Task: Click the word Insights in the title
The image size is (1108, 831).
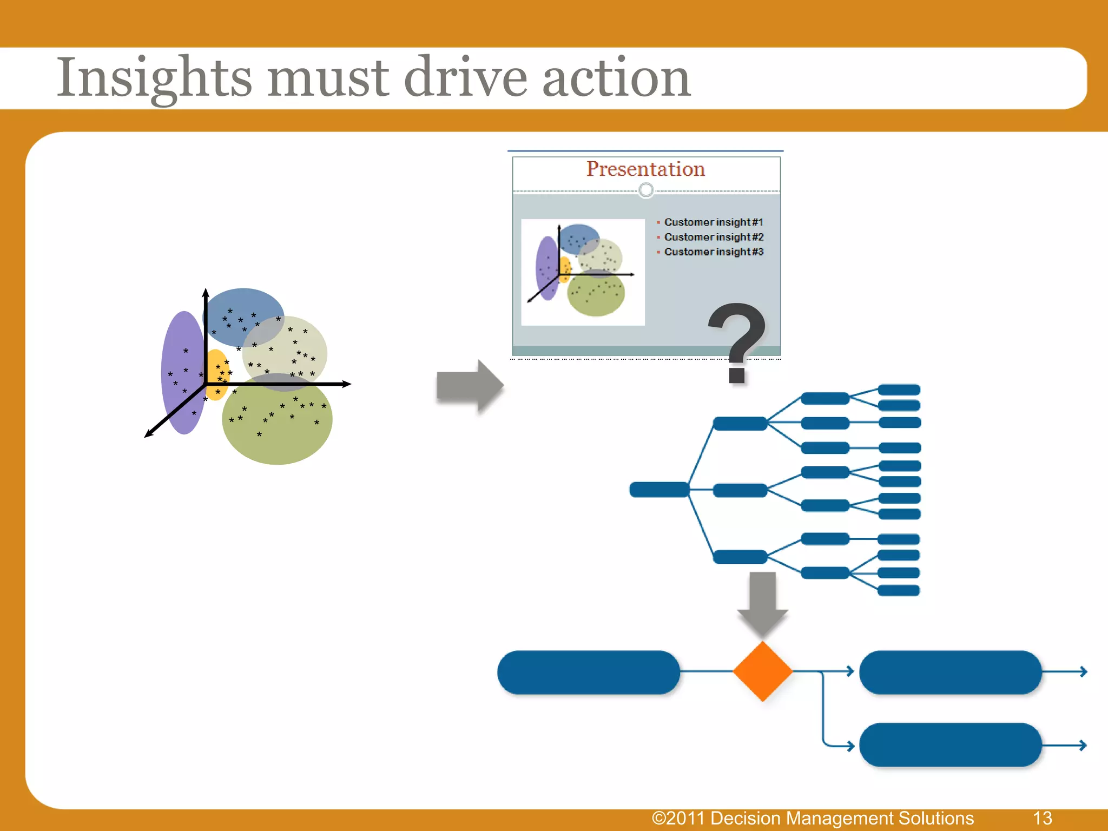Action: tap(154, 78)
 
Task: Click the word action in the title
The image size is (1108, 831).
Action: tap(616, 78)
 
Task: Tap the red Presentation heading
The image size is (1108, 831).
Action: tap(645, 169)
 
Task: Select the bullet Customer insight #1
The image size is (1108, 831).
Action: tap(713, 222)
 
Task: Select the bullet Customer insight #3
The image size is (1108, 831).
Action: tap(713, 252)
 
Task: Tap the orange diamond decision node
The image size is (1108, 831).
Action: tap(762, 671)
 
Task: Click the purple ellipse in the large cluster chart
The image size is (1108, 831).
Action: tap(181, 373)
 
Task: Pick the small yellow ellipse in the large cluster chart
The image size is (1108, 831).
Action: tap(216, 373)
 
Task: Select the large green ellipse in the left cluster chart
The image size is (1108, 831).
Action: tap(277, 427)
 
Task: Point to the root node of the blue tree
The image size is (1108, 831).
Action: tap(659, 490)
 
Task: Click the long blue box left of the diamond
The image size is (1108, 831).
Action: tap(588, 672)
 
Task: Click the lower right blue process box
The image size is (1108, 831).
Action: tap(950, 745)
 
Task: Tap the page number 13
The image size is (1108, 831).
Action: tap(1042, 818)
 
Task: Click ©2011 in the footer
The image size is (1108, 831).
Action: tap(677, 818)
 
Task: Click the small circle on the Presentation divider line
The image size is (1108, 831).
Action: tap(646, 190)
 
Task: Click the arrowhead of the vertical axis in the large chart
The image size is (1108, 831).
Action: tap(206, 293)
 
